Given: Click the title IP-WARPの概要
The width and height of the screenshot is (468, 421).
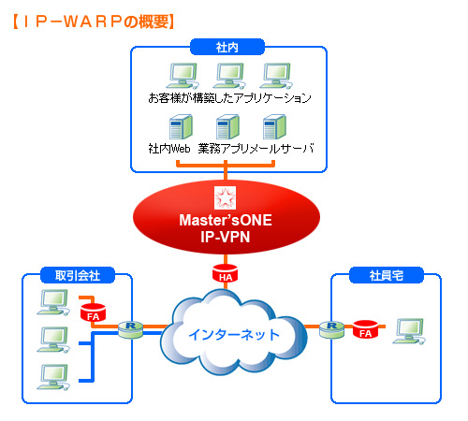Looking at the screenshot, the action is (94, 22).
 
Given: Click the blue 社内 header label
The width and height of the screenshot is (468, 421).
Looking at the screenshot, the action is (227, 47).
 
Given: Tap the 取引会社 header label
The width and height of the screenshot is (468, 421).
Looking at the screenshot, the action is (78, 275).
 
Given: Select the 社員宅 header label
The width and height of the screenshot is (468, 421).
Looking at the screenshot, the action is (387, 275).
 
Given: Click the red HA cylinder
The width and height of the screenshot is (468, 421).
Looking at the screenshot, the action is (225, 273).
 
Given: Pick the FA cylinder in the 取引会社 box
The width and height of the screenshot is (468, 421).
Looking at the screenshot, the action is (93, 312).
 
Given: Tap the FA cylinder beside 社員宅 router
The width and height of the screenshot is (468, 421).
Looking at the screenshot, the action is (365, 329).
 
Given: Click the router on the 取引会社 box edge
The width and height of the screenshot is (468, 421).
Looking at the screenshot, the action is (131, 329).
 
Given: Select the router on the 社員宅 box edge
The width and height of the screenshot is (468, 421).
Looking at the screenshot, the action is (332, 329).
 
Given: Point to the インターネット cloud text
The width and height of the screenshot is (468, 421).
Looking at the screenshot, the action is (234, 335).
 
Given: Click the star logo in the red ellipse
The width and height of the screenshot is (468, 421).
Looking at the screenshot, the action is (225, 198).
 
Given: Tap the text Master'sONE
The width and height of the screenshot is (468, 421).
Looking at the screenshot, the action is (226, 220).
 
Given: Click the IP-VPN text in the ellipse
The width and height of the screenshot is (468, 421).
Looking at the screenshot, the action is (226, 237).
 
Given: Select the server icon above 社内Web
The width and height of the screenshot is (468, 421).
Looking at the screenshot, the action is (181, 127).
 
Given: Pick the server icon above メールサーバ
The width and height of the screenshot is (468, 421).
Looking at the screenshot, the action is (274, 127).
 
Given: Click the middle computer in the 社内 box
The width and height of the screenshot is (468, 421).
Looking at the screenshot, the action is (229, 76).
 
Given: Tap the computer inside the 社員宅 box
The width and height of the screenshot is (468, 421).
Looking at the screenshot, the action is (409, 331).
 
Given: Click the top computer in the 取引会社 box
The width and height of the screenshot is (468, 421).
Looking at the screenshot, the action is (53, 302).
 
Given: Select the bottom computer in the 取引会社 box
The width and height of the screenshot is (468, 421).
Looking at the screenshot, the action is (53, 377).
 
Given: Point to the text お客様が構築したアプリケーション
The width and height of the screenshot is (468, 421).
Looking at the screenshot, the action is (229, 98).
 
